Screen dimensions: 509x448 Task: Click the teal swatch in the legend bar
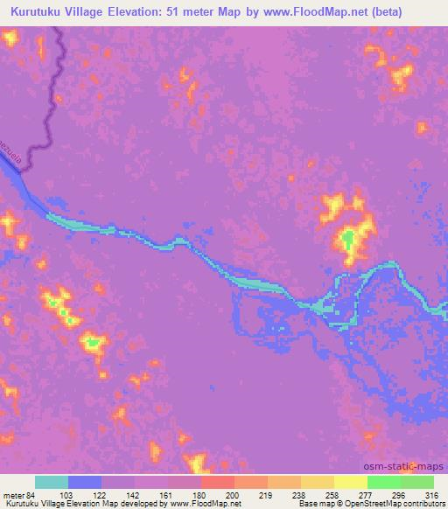[x=52, y=482]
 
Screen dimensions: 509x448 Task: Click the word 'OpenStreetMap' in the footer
[x=370, y=504]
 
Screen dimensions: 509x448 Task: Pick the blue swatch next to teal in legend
[x=86, y=482]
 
